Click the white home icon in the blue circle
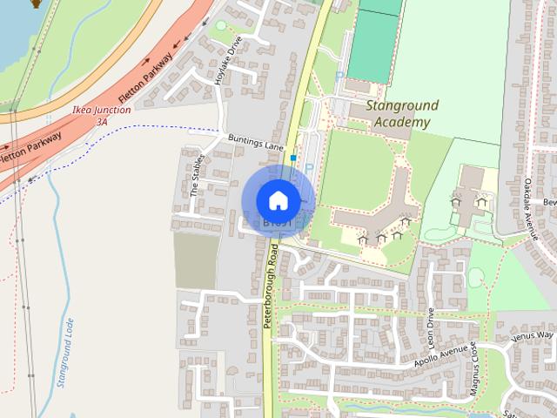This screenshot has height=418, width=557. (278, 200)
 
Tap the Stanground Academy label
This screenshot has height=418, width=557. (401, 114)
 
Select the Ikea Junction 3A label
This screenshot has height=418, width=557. (101, 116)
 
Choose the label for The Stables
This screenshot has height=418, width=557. (198, 175)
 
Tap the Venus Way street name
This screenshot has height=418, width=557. (532, 336)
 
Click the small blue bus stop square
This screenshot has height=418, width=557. (294, 158)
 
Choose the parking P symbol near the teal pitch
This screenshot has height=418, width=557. (338, 77)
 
